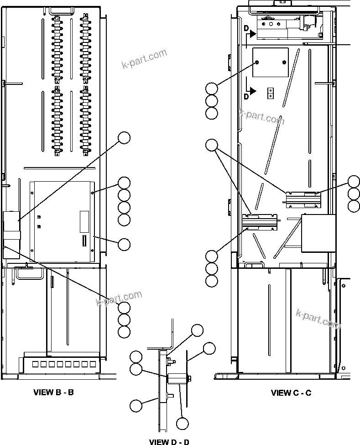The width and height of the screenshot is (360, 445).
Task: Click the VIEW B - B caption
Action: click(x=53, y=392)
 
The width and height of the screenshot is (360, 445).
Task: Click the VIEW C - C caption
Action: click(x=291, y=393)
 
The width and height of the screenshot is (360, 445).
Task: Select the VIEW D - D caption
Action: click(x=169, y=441)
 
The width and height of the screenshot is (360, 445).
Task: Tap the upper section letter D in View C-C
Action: click(x=246, y=30)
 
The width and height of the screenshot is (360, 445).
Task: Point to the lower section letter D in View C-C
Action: click(x=246, y=96)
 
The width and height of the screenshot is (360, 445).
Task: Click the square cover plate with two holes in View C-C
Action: click(x=271, y=62)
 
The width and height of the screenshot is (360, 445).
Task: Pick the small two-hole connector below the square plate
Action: click(x=270, y=93)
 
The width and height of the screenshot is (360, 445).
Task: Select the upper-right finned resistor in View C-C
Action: click(x=303, y=199)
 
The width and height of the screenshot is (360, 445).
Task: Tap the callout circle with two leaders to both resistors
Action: click(x=211, y=145)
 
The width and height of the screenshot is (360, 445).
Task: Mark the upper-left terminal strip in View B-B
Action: click(x=57, y=48)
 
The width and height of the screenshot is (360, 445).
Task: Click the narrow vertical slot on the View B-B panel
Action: click(x=83, y=240)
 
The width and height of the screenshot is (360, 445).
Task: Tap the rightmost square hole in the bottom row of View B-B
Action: click(x=93, y=364)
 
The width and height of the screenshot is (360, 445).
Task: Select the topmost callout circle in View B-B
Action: click(x=124, y=137)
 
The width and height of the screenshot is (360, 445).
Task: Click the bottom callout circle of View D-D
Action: click(x=183, y=424)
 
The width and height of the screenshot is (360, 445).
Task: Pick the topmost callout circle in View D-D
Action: click(x=197, y=330)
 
